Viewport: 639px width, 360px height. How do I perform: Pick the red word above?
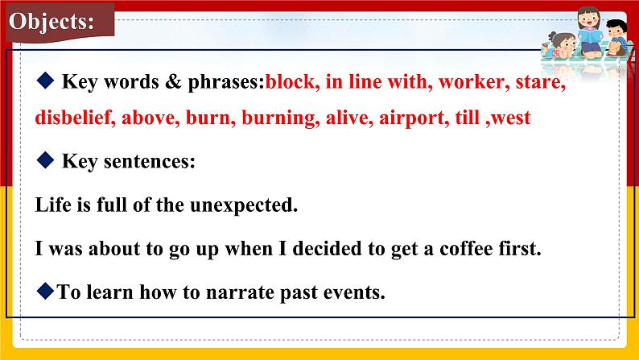coord(151,118)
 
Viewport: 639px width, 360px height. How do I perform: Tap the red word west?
coord(510,118)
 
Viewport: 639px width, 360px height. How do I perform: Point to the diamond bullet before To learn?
coord(45,291)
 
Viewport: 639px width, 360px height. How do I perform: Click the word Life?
coord(53,205)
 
